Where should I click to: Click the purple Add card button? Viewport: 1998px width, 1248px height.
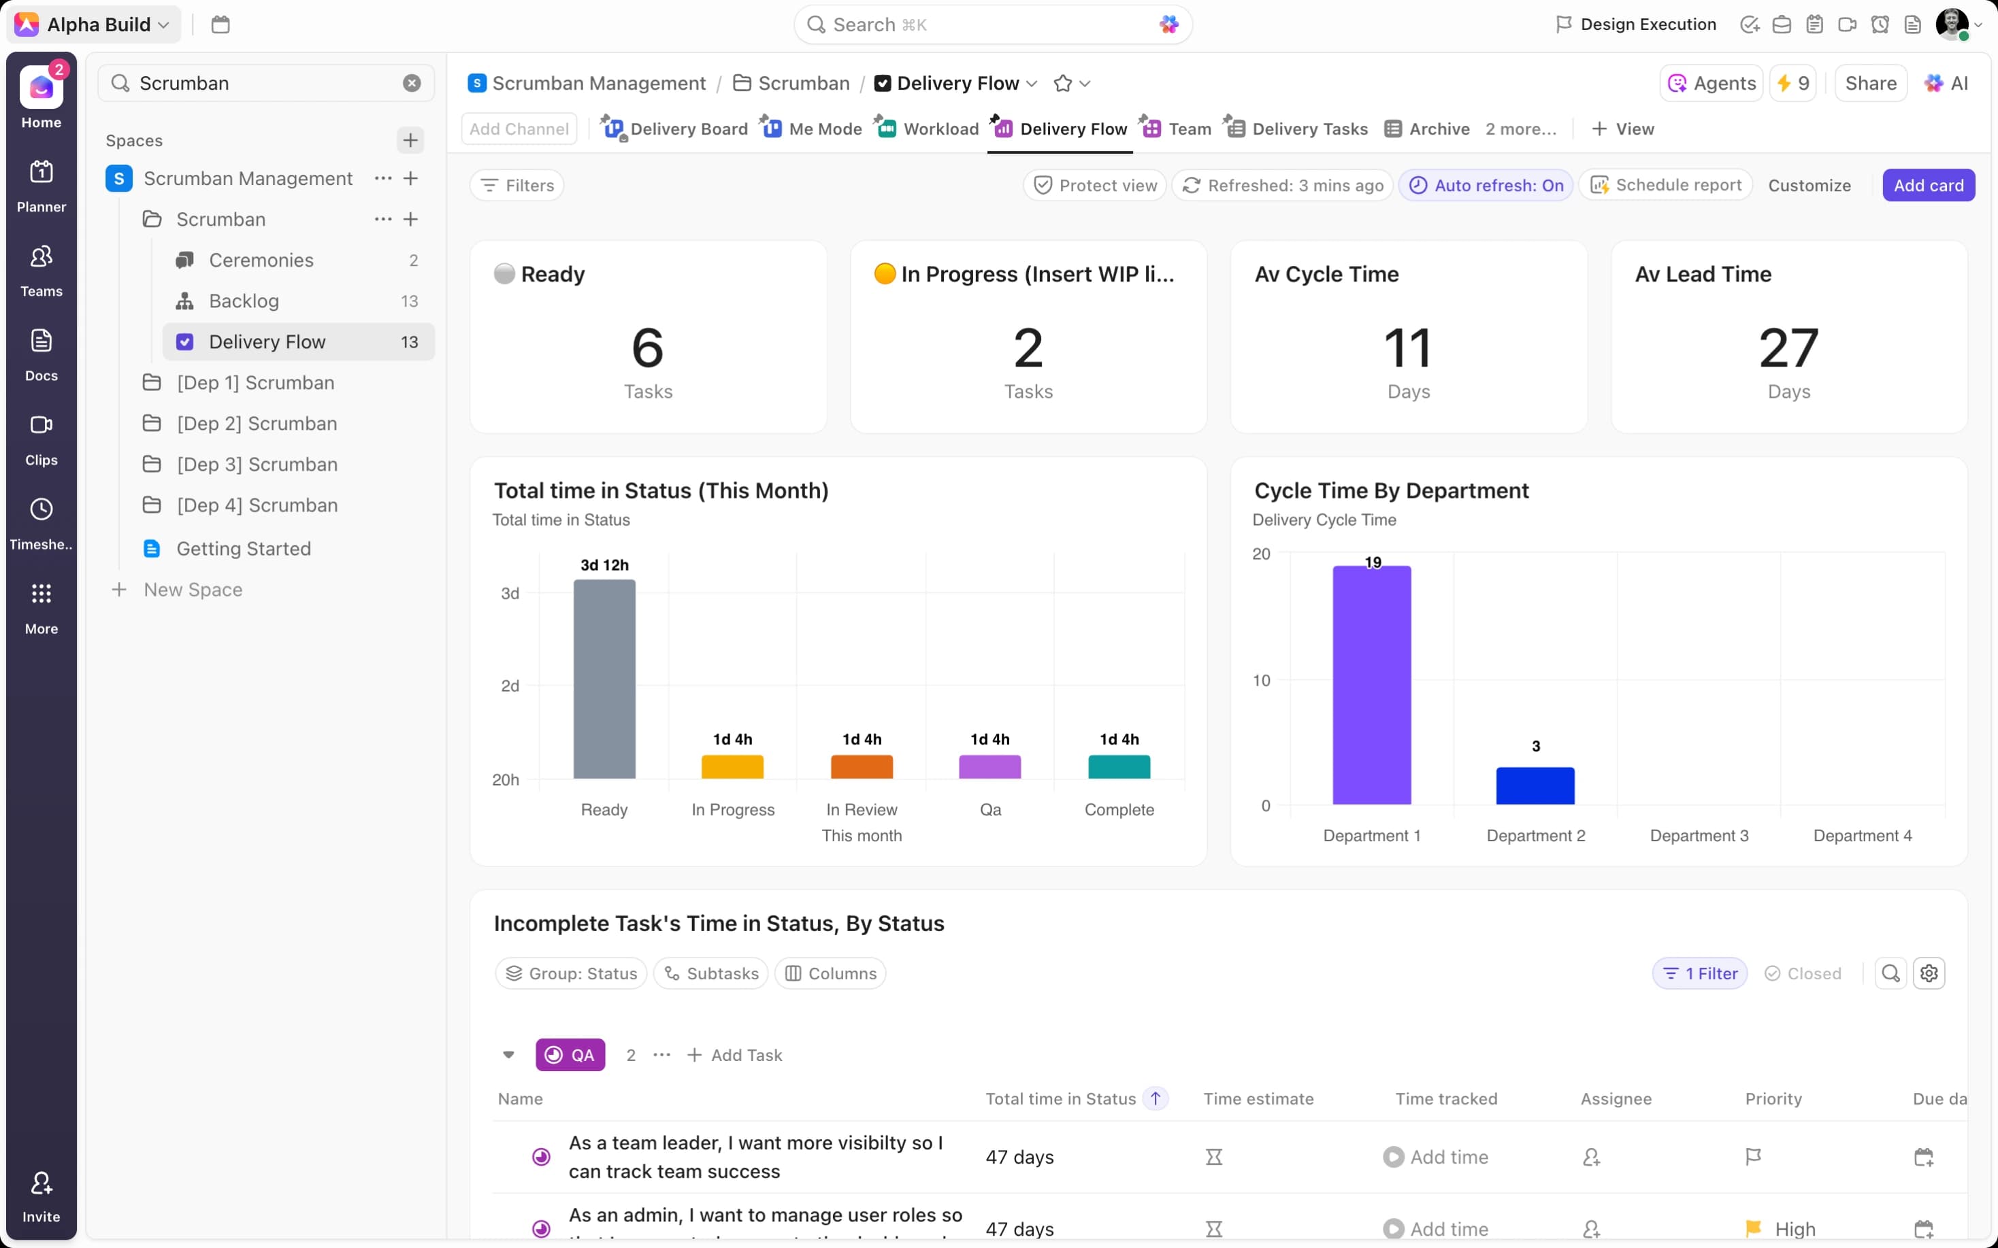(x=1928, y=185)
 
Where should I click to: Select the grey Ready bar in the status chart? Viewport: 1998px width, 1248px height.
(x=604, y=679)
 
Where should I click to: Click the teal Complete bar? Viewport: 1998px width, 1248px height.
(x=1119, y=766)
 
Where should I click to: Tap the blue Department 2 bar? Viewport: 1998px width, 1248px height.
(x=1535, y=786)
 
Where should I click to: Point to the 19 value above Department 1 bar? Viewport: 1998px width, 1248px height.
(x=1372, y=562)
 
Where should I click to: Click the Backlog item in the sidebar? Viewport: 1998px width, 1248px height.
(x=244, y=301)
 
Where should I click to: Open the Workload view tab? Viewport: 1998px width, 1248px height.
(x=940, y=129)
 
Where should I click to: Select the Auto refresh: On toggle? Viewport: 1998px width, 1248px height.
(x=1486, y=185)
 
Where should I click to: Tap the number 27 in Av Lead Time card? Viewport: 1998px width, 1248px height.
(x=1788, y=348)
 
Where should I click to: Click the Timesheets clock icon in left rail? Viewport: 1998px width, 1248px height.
(x=42, y=509)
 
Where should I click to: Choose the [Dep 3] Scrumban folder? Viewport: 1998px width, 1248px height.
(x=256, y=465)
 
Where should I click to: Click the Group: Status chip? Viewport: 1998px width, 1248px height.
(x=572, y=973)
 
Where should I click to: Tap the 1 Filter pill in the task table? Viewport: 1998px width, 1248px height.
(x=1699, y=973)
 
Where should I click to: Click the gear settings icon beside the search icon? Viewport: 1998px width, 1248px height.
(x=1929, y=973)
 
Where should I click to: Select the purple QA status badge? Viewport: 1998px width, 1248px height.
(x=570, y=1055)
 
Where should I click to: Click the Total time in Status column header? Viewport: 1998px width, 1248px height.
(x=1060, y=1098)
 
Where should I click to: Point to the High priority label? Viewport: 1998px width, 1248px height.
(x=1794, y=1228)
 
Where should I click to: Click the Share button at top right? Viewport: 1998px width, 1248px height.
(x=1870, y=84)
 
